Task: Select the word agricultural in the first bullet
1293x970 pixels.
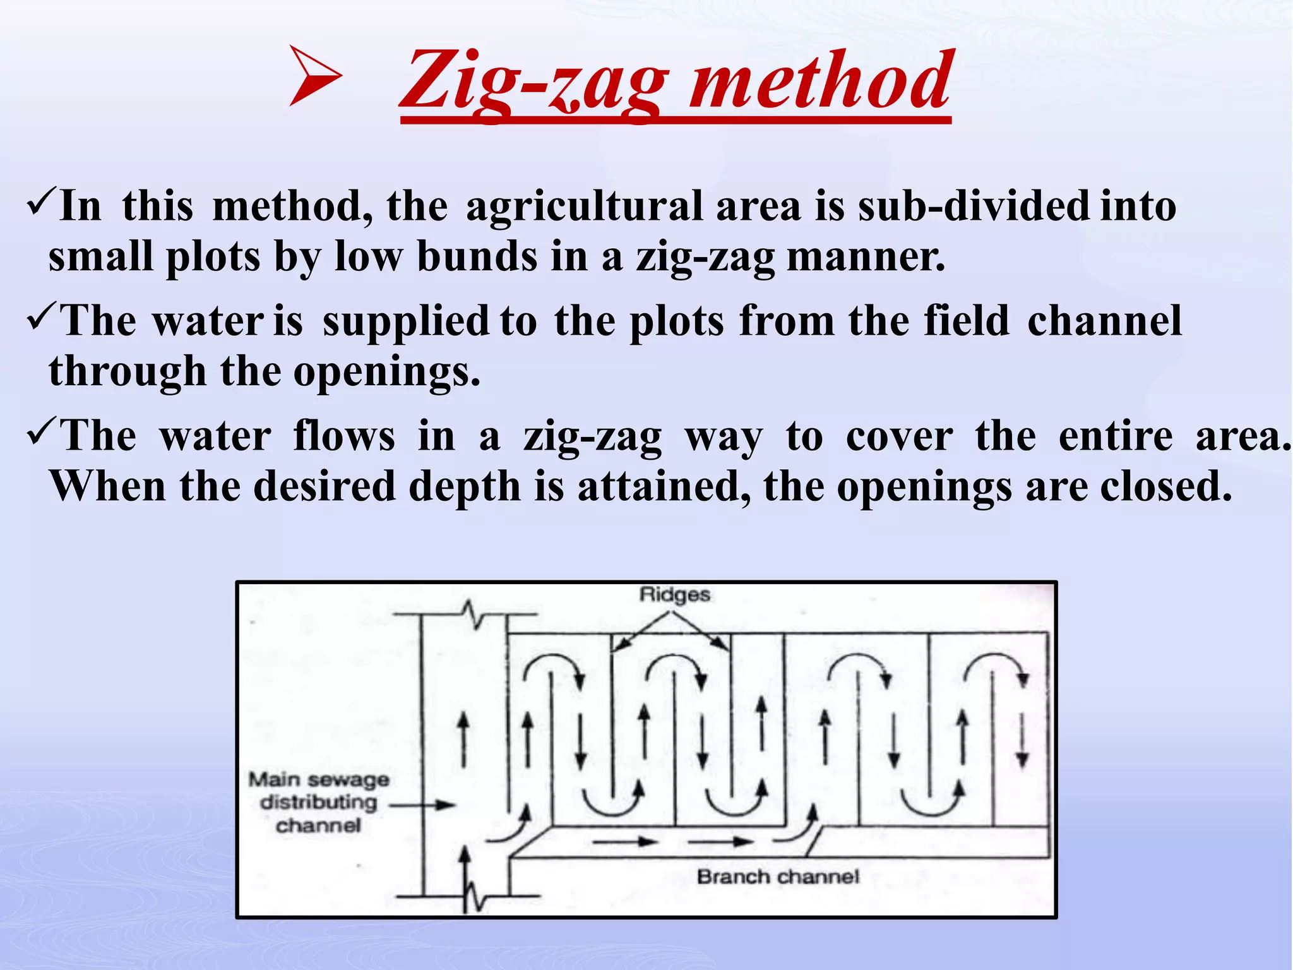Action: point(584,207)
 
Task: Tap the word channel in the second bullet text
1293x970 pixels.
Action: point(1104,321)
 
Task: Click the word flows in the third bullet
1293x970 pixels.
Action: point(344,436)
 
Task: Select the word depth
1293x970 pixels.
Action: point(464,486)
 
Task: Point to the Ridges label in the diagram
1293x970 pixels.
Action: point(674,594)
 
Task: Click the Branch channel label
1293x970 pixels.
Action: point(778,877)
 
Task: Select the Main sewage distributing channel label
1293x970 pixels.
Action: point(318,802)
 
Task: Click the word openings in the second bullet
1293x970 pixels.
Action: point(386,373)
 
